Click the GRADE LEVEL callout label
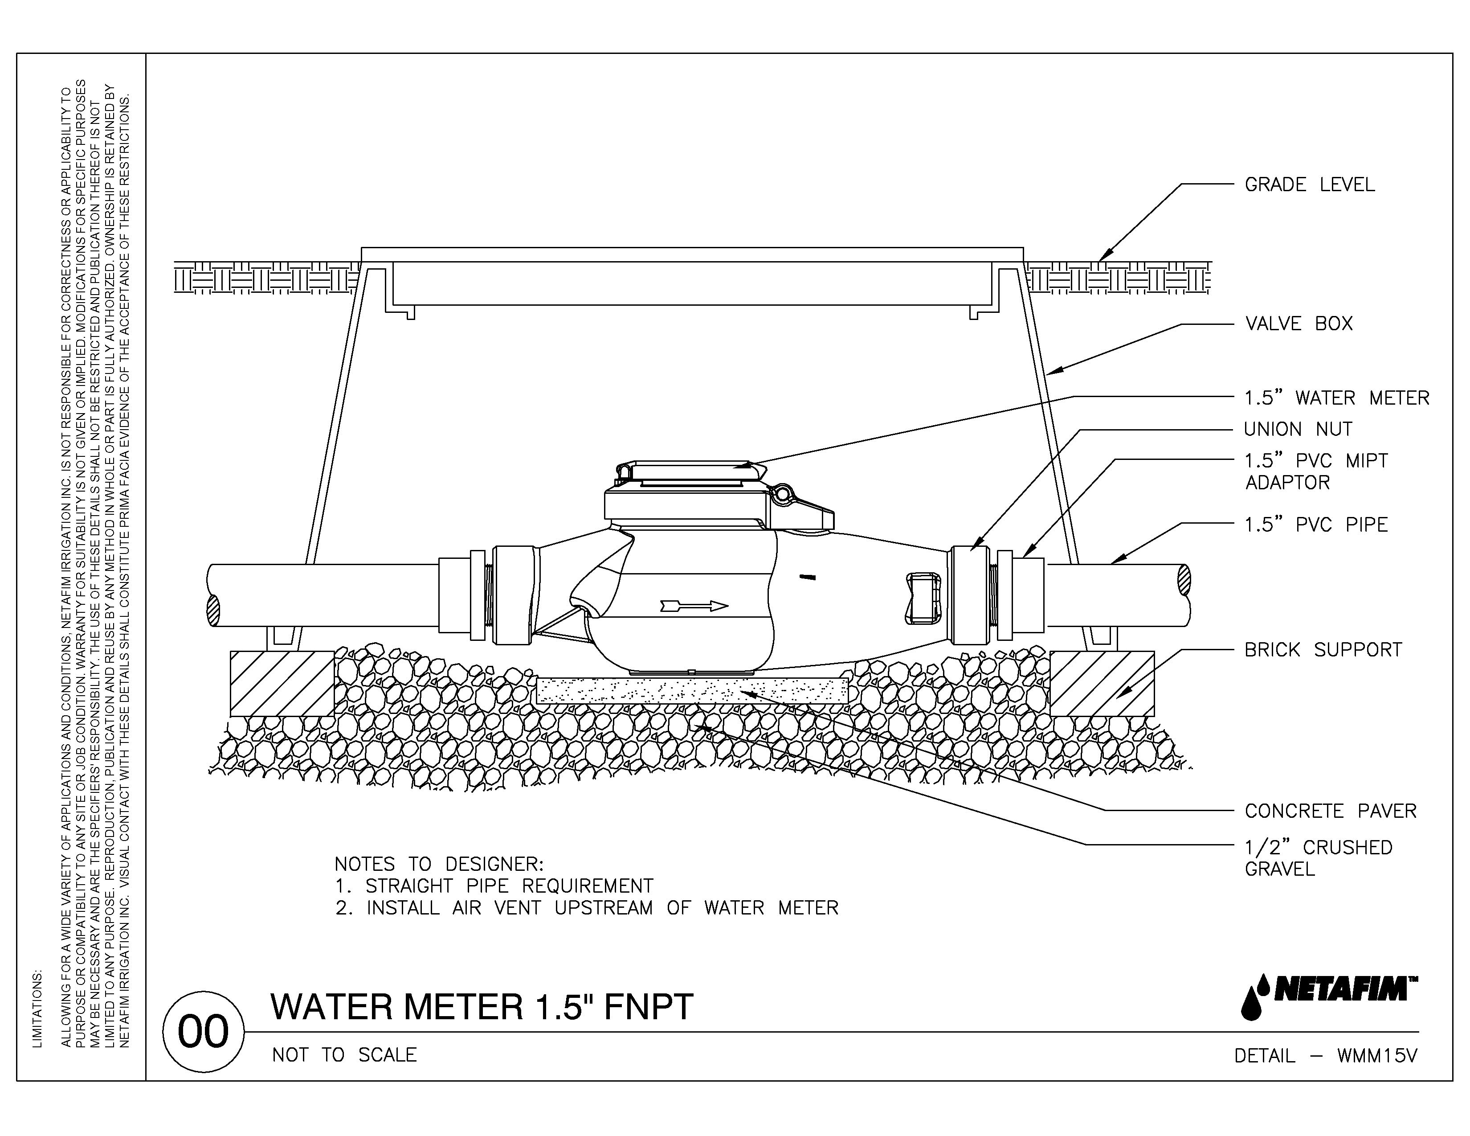click(x=1309, y=185)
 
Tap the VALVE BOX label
click(x=1298, y=324)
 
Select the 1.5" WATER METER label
click(x=1336, y=398)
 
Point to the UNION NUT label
click(x=1298, y=429)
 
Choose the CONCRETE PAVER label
click(x=1330, y=811)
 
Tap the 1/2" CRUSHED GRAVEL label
click(x=1318, y=858)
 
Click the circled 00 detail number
click(x=203, y=1032)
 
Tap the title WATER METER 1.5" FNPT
click(x=481, y=1007)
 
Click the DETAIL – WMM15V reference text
click(x=1325, y=1056)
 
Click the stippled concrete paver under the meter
click(x=692, y=690)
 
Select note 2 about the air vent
click(x=587, y=908)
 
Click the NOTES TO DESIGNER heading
click(x=439, y=864)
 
